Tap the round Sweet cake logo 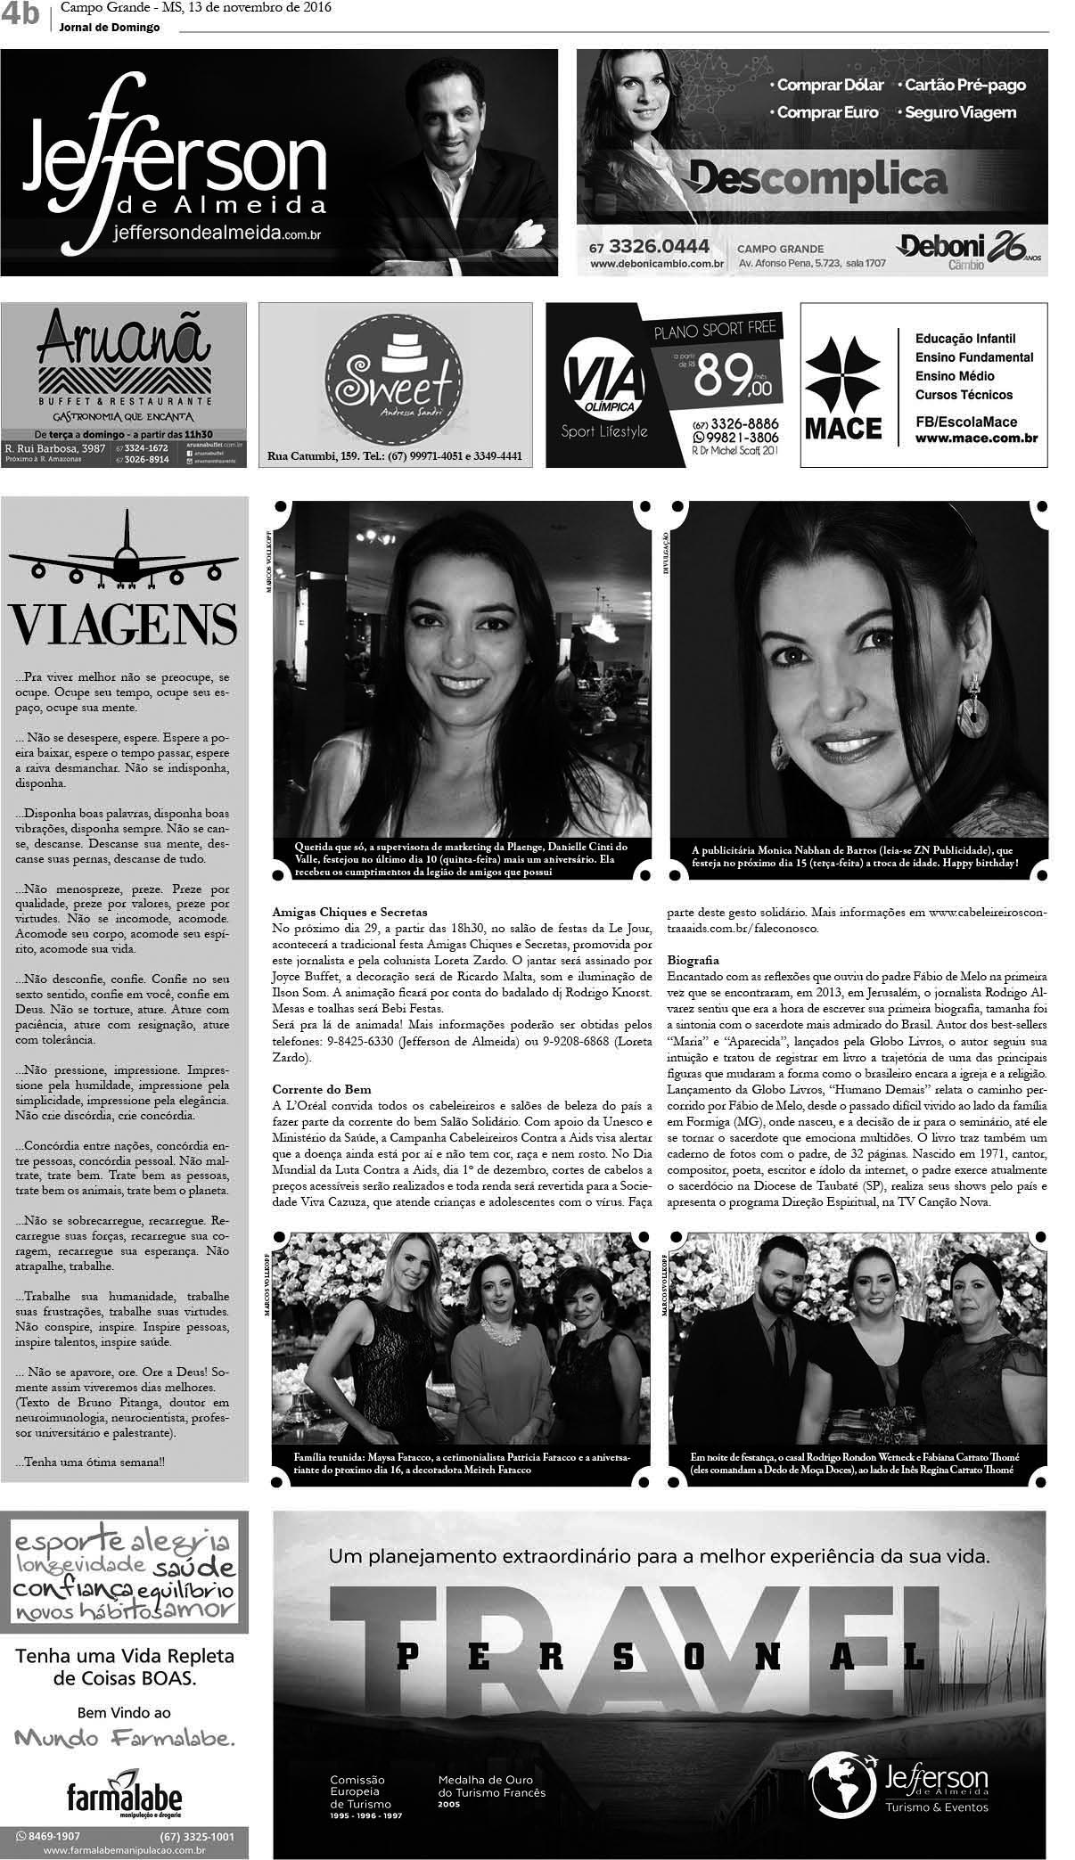tap(394, 384)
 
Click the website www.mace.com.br tap(976, 438)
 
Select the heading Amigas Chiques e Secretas tap(350, 912)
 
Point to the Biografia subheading tap(693, 961)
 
